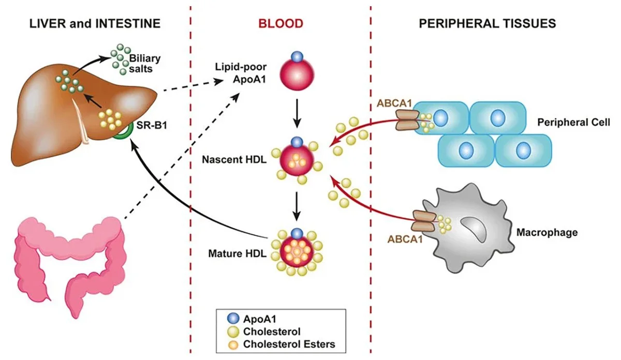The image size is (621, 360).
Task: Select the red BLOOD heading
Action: pyautogui.click(x=281, y=24)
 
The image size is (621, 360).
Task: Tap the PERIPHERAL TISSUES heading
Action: pyautogui.click(x=487, y=24)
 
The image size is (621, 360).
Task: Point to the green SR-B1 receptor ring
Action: pyautogui.click(x=123, y=128)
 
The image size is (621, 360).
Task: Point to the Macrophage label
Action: pyautogui.click(x=546, y=233)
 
